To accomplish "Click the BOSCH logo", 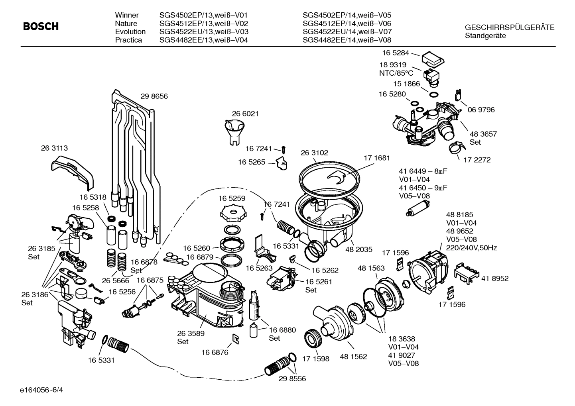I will (x=41, y=27).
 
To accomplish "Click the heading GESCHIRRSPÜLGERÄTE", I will (x=509, y=27).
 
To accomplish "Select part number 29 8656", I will (x=154, y=96).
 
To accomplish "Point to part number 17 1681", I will (x=376, y=158).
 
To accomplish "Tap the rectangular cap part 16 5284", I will (x=432, y=59).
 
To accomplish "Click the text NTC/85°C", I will (x=396, y=73).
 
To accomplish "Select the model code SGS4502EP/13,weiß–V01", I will (x=203, y=15).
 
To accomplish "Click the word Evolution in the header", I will (x=130, y=31).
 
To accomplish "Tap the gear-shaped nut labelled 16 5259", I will (x=231, y=212).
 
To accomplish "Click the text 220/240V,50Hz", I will (x=471, y=248).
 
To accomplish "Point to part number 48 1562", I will (x=353, y=357).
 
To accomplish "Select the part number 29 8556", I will (x=292, y=379).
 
